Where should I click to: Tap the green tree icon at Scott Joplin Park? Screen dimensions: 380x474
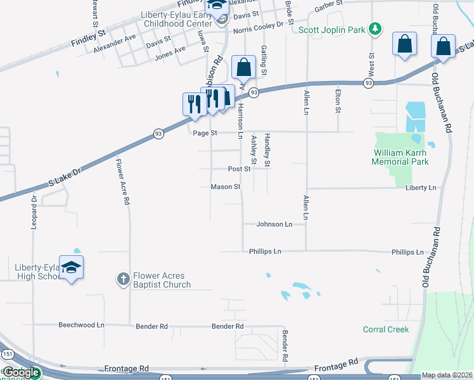point(376,28)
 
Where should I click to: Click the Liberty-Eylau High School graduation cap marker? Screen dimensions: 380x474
point(72,267)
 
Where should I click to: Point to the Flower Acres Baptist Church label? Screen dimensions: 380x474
point(162,281)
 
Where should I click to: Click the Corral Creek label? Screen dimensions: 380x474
point(386,329)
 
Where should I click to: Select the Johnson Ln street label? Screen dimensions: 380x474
point(274,224)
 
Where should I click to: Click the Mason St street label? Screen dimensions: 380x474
point(226,187)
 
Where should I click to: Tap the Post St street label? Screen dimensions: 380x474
point(240,169)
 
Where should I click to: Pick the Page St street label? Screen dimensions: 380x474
point(205,133)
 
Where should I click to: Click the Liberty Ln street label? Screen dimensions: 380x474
point(421,188)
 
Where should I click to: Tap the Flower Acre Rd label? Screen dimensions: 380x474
point(122,180)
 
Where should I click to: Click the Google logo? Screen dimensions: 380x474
point(21,373)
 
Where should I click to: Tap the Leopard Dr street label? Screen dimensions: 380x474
point(34,212)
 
